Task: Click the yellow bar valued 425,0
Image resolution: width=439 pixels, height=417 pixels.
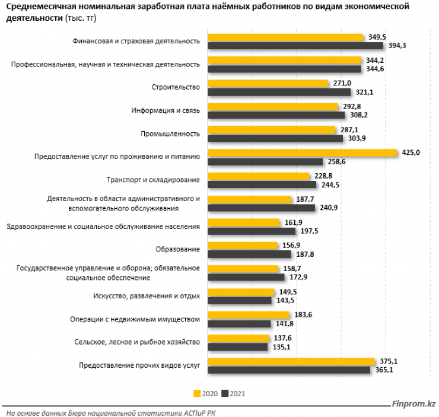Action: [x=303, y=153]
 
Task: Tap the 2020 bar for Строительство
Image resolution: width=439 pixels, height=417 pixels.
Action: [x=269, y=84]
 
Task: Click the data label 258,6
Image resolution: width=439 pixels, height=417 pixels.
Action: [x=336, y=161]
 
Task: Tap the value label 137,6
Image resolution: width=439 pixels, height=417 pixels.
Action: [x=282, y=338]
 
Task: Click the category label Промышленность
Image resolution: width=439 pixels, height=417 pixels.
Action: [x=173, y=133]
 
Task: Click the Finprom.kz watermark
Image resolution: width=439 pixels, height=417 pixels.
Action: [x=413, y=405]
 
